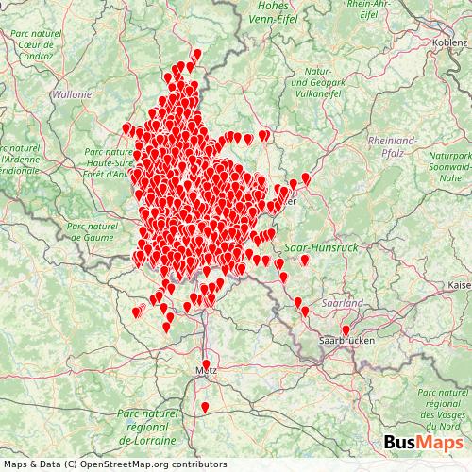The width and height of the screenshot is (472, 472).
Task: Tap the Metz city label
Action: tap(206, 371)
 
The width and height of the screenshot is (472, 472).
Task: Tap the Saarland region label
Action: tap(342, 304)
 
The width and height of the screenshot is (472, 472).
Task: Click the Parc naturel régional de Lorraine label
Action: tap(146, 428)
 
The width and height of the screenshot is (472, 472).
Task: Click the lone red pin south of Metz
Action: tap(205, 408)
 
